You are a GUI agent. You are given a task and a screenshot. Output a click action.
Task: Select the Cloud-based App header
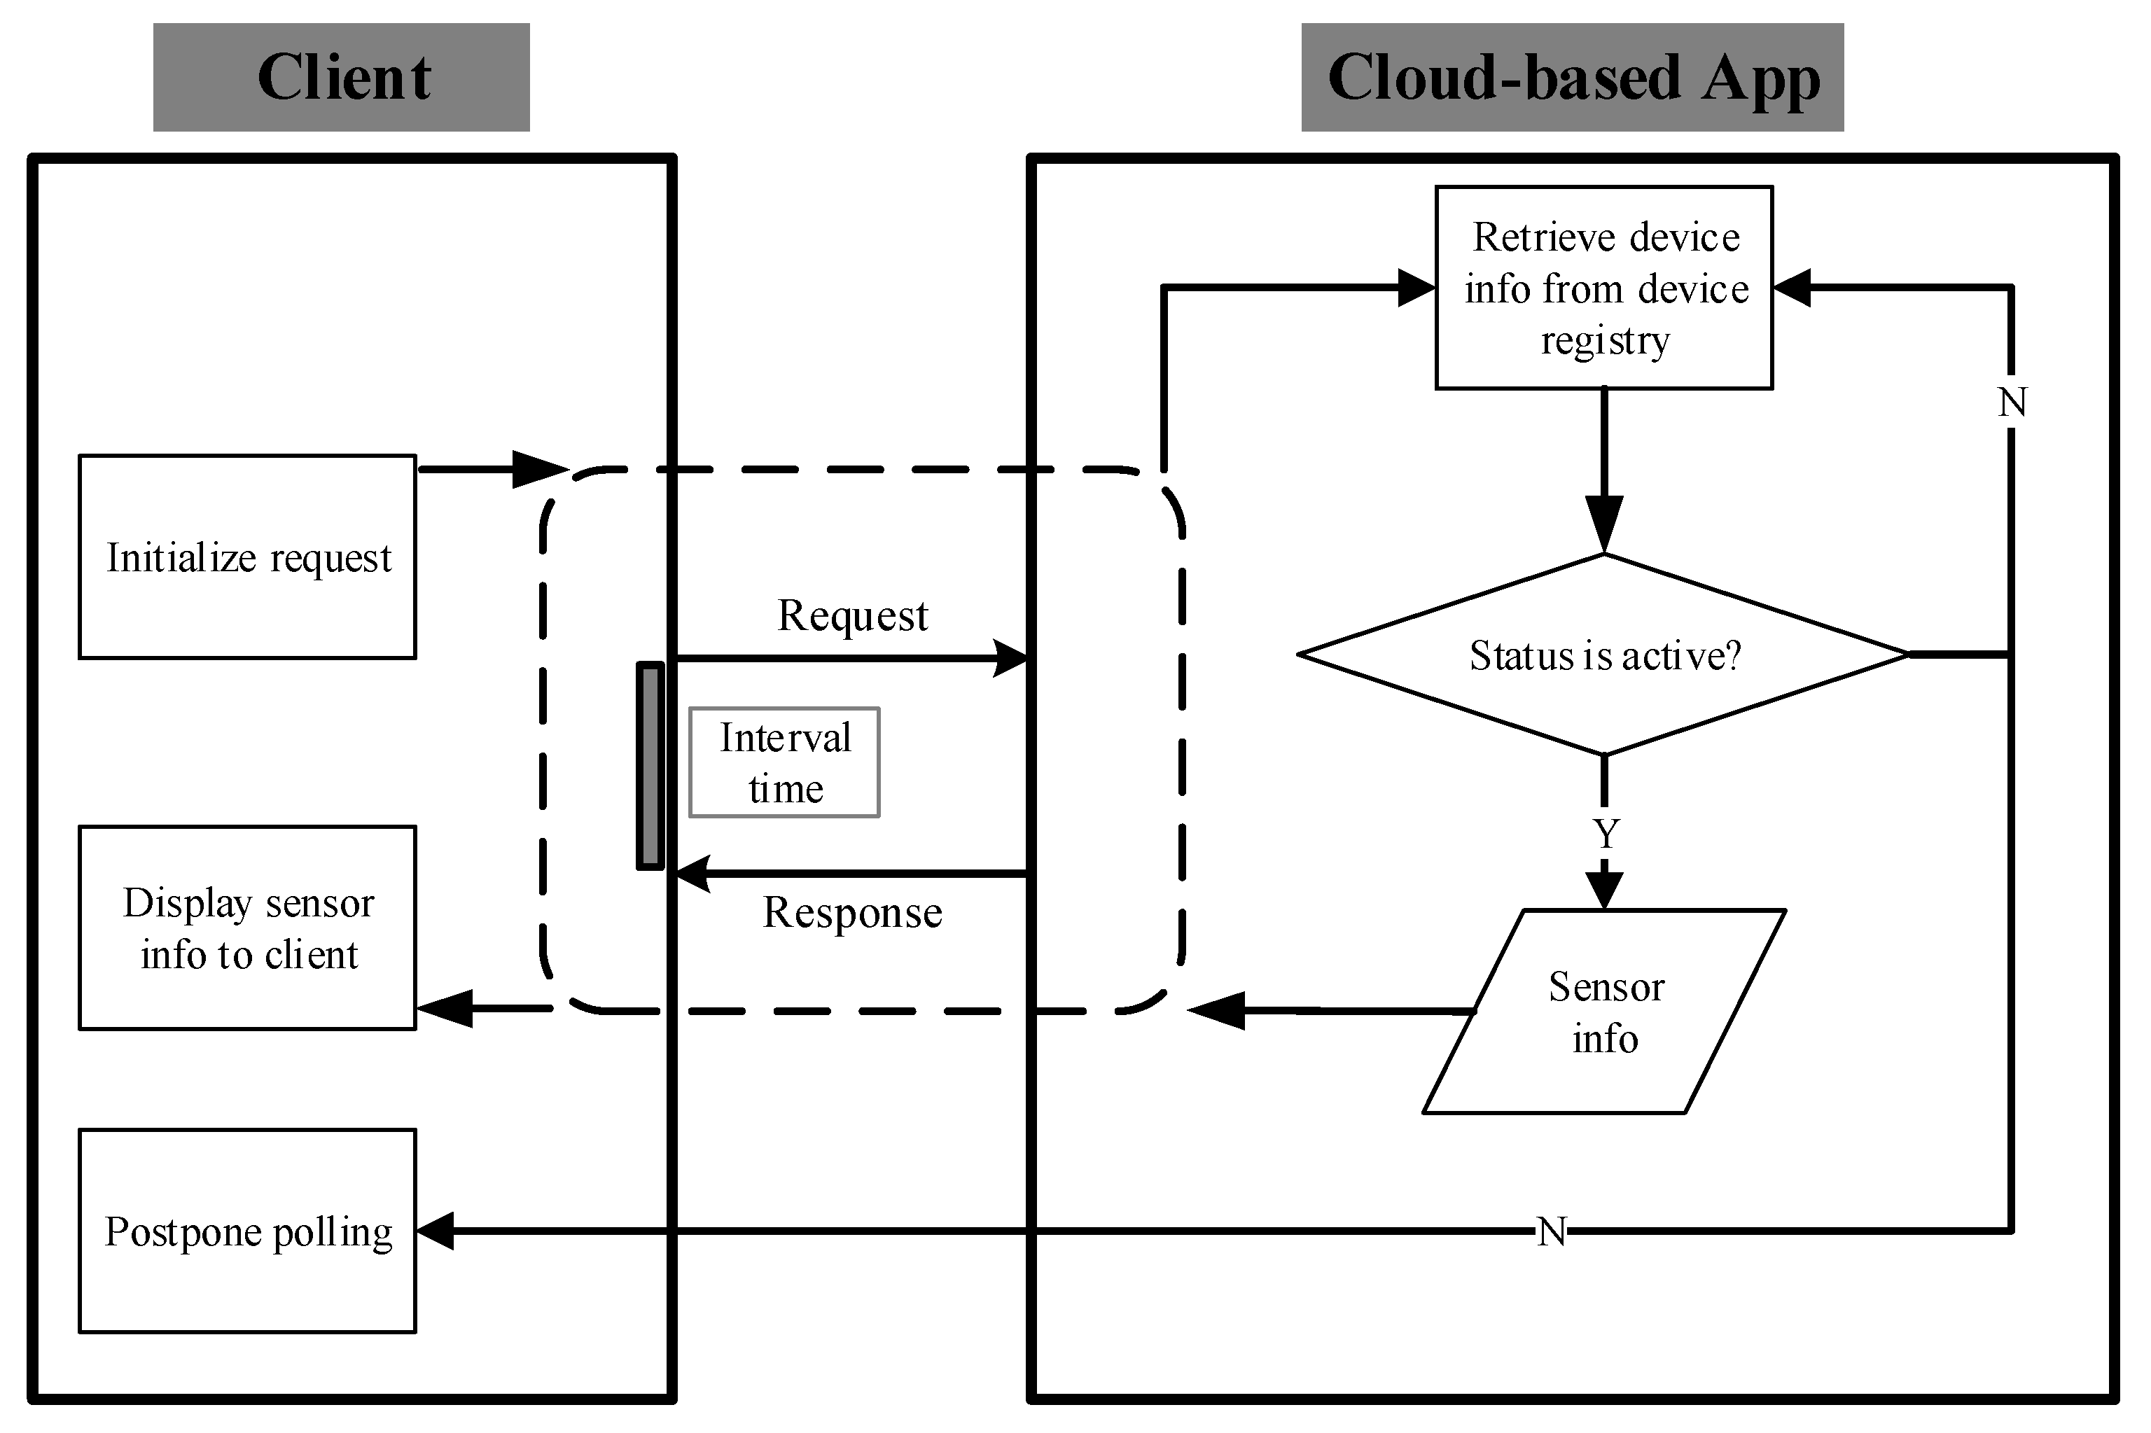pyautogui.click(x=1573, y=77)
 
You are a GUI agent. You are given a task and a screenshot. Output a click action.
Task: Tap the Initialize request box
pyautogui.click(x=248, y=557)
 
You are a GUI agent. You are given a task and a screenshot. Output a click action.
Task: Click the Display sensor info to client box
pyautogui.click(x=248, y=928)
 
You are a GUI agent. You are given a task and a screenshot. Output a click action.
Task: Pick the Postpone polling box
pyautogui.click(x=248, y=1231)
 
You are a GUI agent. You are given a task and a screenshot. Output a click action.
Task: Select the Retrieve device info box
pyautogui.click(x=1604, y=288)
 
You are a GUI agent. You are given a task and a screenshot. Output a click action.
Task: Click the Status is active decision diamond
pyautogui.click(x=1604, y=655)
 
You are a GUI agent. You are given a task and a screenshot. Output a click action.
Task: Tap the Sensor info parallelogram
pyautogui.click(x=1604, y=1012)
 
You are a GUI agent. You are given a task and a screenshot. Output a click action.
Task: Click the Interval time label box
pyautogui.click(x=784, y=762)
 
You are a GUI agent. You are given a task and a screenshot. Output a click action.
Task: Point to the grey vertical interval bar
pyautogui.click(x=650, y=766)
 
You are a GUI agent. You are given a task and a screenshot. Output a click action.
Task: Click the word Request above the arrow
pyautogui.click(x=852, y=616)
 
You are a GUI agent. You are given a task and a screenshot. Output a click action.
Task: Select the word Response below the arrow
pyautogui.click(x=852, y=913)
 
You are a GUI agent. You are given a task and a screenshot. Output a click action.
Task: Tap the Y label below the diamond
pyautogui.click(x=1606, y=834)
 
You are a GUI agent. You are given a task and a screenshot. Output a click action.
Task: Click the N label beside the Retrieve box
pyautogui.click(x=2013, y=402)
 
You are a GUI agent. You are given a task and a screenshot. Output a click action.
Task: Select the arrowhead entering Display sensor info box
pyautogui.click(x=445, y=1009)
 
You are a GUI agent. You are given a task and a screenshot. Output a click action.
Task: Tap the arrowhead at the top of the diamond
pyautogui.click(x=1604, y=524)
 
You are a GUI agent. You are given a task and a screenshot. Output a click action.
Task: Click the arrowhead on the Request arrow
pyautogui.click(x=1010, y=658)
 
